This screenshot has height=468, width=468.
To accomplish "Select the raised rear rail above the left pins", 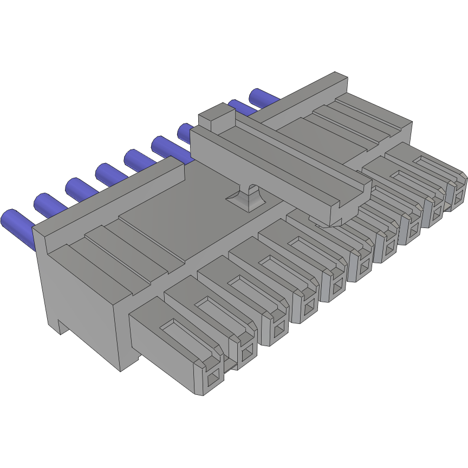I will click(x=108, y=195).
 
